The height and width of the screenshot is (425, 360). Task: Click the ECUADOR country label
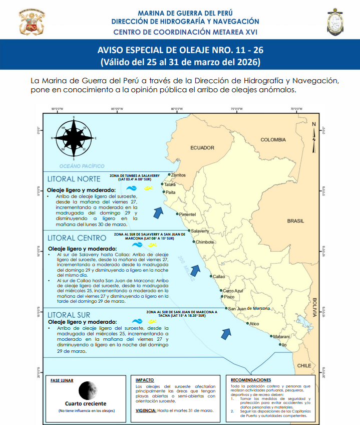pyautogui.click(x=202, y=147)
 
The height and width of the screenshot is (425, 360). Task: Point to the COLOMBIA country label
pyautogui.click(x=272, y=140)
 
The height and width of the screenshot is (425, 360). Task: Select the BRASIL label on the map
pyautogui.click(x=295, y=221)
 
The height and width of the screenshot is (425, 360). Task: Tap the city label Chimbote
pyautogui.click(x=205, y=242)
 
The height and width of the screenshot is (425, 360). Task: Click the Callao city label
pyautogui.click(x=219, y=276)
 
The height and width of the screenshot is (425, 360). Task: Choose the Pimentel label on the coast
pyautogui.click(x=187, y=214)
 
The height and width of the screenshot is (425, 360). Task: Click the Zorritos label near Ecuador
pyautogui.click(x=178, y=175)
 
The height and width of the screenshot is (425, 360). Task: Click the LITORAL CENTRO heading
pyautogui.click(x=77, y=238)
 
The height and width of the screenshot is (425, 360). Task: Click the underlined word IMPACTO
pyautogui.click(x=145, y=380)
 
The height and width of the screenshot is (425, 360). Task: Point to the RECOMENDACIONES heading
pyautogui.click(x=251, y=380)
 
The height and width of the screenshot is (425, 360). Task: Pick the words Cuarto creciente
pyautogui.click(x=86, y=403)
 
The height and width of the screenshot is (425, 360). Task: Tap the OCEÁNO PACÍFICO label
pyautogui.click(x=81, y=165)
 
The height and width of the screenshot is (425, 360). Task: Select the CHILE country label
pyautogui.click(x=304, y=366)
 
